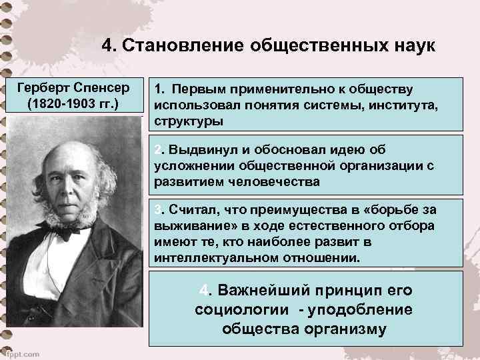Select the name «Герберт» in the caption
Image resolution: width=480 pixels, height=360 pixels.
coord(45,88)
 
